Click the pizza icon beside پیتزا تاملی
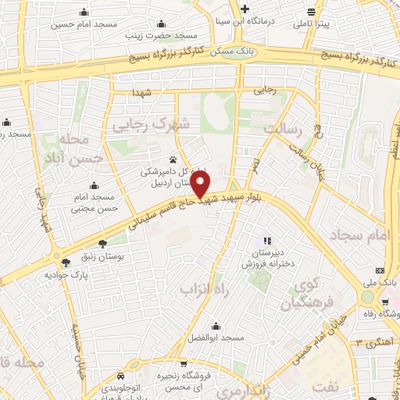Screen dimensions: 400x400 pos(312,11)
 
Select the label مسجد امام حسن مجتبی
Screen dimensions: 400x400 pos(95,203)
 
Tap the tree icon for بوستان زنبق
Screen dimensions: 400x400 pos(102,243)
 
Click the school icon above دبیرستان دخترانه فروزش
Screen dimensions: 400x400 pos(267,241)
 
